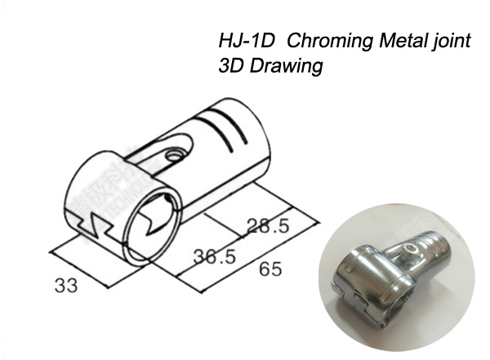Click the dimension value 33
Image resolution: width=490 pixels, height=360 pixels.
click(68, 286)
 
